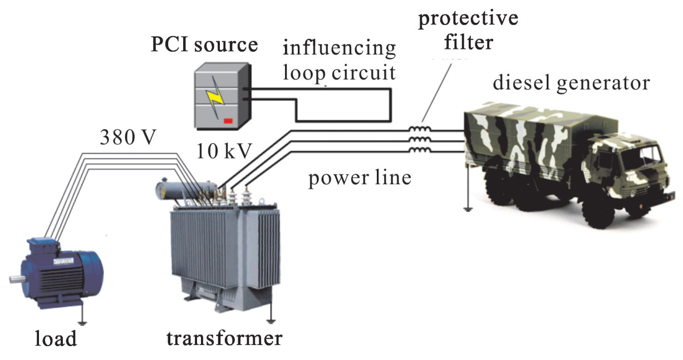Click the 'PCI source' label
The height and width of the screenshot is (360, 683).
click(205, 45)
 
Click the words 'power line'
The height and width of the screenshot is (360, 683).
click(361, 178)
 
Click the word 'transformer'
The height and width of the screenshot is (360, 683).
click(224, 337)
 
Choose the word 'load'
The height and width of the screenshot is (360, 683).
click(55, 338)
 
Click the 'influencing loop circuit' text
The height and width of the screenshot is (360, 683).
click(340, 60)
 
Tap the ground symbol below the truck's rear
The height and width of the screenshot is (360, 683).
click(468, 208)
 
